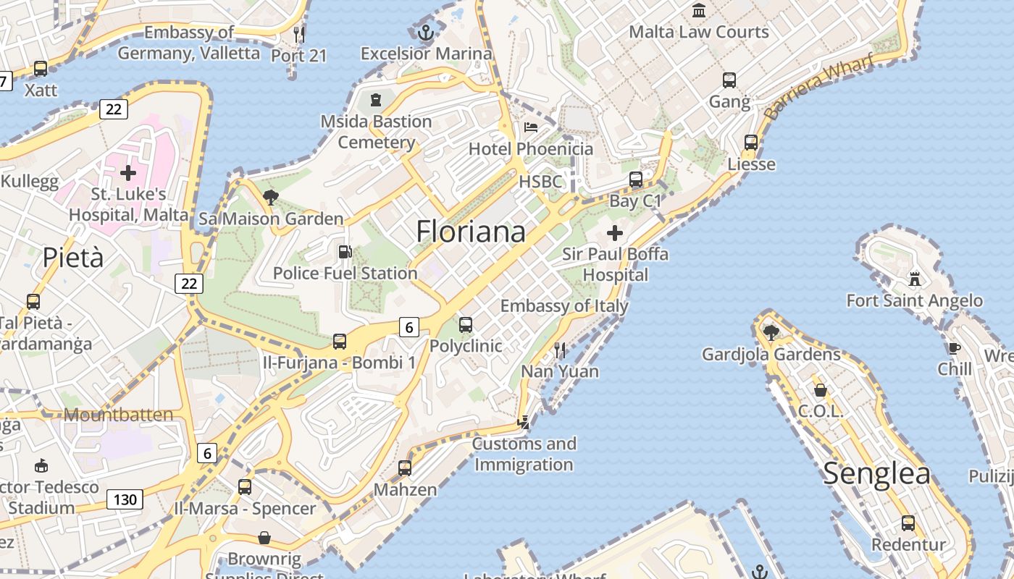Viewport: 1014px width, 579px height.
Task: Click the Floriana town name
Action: [x=471, y=232]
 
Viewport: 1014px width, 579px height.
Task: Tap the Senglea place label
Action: [x=876, y=473]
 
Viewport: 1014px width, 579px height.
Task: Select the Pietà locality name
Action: [x=73, y=257]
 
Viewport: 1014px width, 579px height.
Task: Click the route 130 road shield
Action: [x=125, y=499]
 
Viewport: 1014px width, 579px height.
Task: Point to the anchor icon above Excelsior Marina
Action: [x=426, y=32]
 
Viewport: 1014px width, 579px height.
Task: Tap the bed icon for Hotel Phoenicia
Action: [x=531, y=127]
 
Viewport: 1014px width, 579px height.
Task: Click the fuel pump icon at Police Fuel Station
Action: [x=345, y=252]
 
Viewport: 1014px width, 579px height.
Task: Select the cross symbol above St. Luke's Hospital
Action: [x=128, y=173]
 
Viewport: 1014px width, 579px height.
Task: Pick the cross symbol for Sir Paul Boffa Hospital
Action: [x=615, y=233]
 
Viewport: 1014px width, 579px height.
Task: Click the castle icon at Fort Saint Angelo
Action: [x=915, y=279]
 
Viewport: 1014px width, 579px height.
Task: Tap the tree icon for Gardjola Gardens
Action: [x=771, y=332]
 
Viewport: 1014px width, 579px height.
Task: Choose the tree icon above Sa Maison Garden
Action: [x=271, y=197]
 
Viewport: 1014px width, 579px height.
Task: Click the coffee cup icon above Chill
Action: [x=955, y=348]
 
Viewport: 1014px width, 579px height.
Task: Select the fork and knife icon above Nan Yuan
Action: [x=560, y=350]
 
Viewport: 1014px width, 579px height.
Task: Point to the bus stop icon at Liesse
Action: [x=751, y=143]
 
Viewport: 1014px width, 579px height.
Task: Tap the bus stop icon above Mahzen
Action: [x=405, y=468]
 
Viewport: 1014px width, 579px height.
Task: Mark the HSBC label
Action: [x=540, y=182]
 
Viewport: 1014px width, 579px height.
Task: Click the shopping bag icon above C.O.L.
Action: [x=821, y=390]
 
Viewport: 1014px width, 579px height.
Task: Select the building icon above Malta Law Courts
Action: [x=699, y=10]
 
